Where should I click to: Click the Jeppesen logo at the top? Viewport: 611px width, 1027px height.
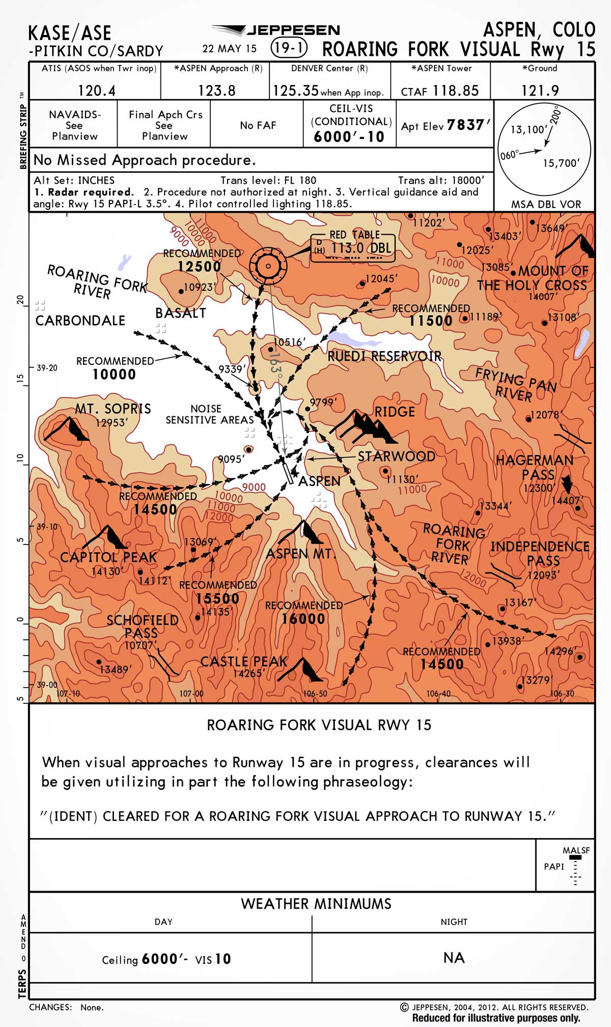click(276, 30)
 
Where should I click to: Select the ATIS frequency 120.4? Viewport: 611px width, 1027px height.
click(97, 91)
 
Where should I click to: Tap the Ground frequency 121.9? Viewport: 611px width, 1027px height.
click(540, 91)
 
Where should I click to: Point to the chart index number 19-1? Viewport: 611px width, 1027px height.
click(289, 48)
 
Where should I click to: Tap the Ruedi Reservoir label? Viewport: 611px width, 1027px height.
click(384, 356)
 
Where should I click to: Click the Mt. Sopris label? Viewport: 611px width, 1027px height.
click(113, 409)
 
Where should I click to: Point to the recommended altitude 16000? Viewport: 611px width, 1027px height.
click(303, 619)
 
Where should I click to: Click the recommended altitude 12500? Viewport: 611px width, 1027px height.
click(199, 267)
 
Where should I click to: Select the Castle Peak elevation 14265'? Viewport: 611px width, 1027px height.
click(248, 673)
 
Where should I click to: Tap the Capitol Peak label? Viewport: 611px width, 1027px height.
click(108, 557)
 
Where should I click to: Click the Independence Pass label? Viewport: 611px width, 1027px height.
click(540, 553)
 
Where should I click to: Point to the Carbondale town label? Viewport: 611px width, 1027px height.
click(80, 320)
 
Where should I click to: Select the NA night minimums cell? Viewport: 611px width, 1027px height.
click(453, 958)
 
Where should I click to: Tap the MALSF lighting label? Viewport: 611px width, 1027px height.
click(576, 850)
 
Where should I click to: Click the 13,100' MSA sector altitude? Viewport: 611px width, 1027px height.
click(529, 129)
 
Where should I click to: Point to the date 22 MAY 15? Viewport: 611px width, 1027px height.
click(230, 49)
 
